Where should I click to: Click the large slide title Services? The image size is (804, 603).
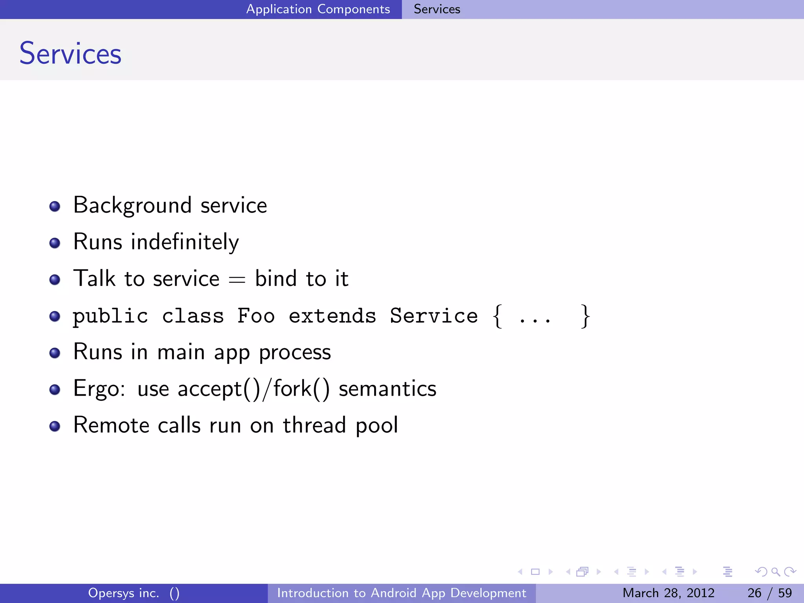[70, 53]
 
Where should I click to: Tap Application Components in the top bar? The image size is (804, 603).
[318, 9]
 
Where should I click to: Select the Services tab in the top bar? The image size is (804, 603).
[437, 9]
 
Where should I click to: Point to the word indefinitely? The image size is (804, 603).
[185, 242]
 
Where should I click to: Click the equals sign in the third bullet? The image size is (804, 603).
[237, 280]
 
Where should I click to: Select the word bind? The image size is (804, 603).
[276, 279]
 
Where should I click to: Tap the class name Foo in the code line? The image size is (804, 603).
[256, 316]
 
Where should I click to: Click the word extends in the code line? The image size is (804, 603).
[332, 316]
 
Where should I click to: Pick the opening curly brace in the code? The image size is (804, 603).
[497, 316]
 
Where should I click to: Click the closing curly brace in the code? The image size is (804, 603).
[585, 316]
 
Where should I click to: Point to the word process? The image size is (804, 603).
[295, 352]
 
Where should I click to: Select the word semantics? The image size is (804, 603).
[387, 389]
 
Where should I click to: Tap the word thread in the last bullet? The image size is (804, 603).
[314, 426]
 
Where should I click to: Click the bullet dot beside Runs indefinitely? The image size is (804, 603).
[55, 243]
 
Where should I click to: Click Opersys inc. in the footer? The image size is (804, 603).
[124, 593]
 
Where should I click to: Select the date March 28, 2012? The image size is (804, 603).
[668, 593]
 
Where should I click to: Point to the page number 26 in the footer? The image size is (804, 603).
[754, 593]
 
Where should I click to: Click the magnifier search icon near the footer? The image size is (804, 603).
[775, 572]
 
